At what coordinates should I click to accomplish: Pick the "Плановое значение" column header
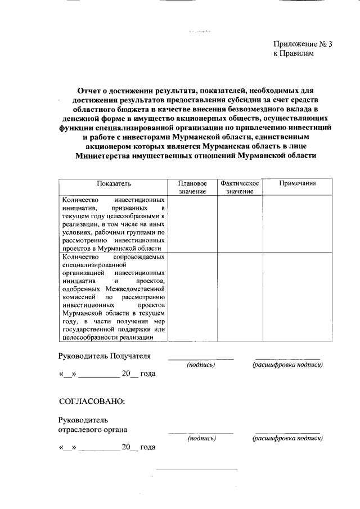tap(192, 187)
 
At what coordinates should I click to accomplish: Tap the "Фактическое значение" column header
tap(240, 187)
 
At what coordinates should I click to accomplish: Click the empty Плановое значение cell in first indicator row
tap(192, 223)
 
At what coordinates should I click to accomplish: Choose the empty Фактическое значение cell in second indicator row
tap(240, 296)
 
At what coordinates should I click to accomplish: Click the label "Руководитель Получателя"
tap(105, 356)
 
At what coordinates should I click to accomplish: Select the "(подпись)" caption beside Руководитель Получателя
tap(201, 366)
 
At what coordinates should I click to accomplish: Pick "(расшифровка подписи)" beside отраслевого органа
tap(287, 439)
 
